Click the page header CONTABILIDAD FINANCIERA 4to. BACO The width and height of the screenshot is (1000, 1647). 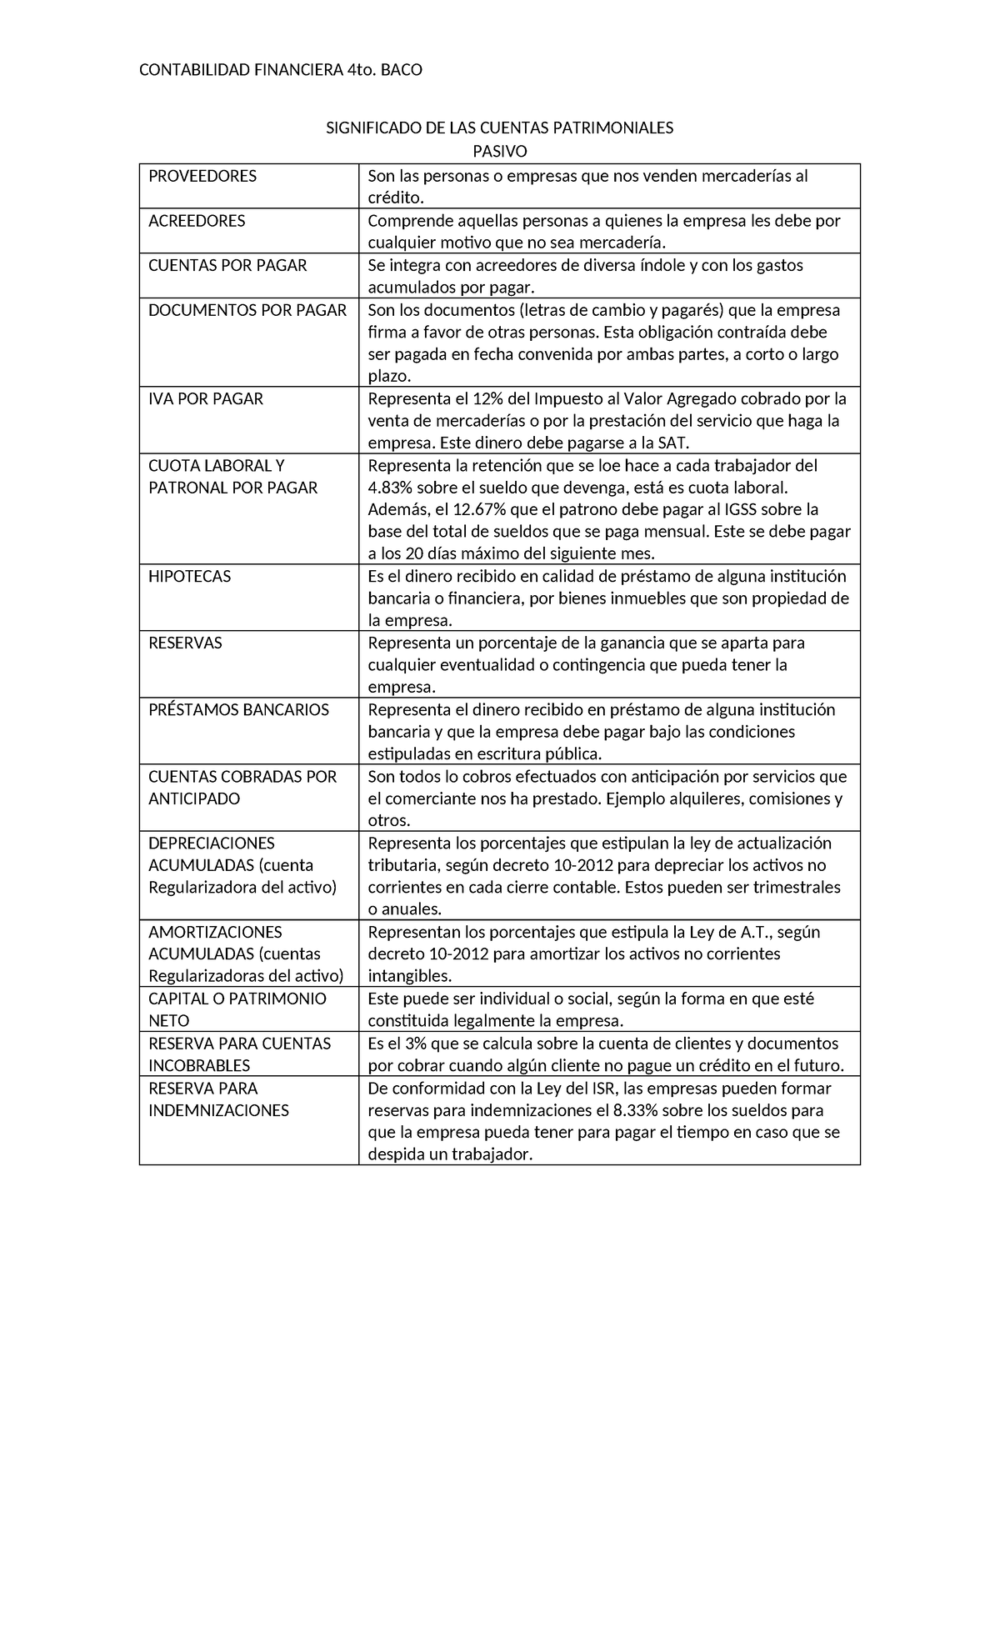(x=280, y=70)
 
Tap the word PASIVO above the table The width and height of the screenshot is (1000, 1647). (x=500, y=151)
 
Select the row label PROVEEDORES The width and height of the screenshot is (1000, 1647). (x=202, y=176)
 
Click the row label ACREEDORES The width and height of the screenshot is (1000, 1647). (x=197, y=221)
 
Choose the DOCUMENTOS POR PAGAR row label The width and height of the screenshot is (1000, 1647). (x=247, y=310)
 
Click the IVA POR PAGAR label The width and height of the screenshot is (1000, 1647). (x=206, y=399)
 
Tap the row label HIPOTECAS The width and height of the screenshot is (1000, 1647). (x=189, y=577)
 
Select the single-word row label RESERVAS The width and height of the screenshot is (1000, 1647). (x=185, y=643)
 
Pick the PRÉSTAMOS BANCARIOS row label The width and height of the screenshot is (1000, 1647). (x=238, y=710)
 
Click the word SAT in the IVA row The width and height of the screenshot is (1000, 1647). (x=672, y=443)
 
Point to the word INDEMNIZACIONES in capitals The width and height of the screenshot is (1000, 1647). (x=218, y=1110)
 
